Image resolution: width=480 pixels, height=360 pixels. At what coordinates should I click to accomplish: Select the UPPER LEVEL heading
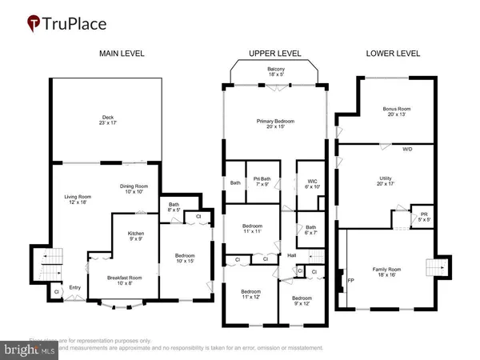pos(274,54)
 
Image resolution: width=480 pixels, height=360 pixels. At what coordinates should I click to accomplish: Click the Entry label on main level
pos(75,288)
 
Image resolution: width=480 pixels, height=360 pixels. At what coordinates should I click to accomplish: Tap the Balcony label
pos(275,71)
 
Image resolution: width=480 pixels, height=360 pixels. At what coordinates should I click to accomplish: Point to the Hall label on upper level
pos(293,256)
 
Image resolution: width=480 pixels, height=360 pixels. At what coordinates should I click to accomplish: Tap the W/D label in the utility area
pos(407,149)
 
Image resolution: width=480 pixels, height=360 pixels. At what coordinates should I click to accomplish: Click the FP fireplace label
pos(350,281)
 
